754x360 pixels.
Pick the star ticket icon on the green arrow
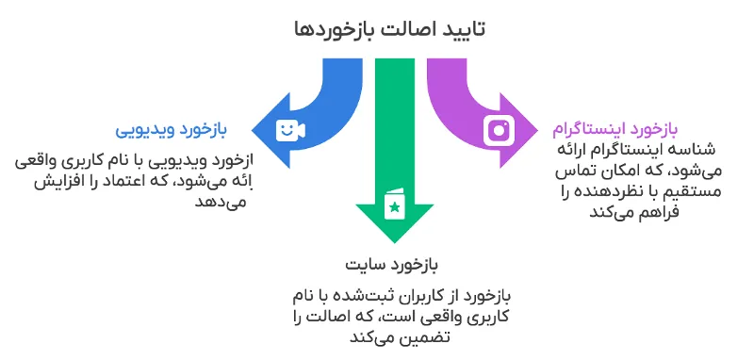click(394, 204)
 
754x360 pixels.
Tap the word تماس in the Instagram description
click(577, 171)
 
